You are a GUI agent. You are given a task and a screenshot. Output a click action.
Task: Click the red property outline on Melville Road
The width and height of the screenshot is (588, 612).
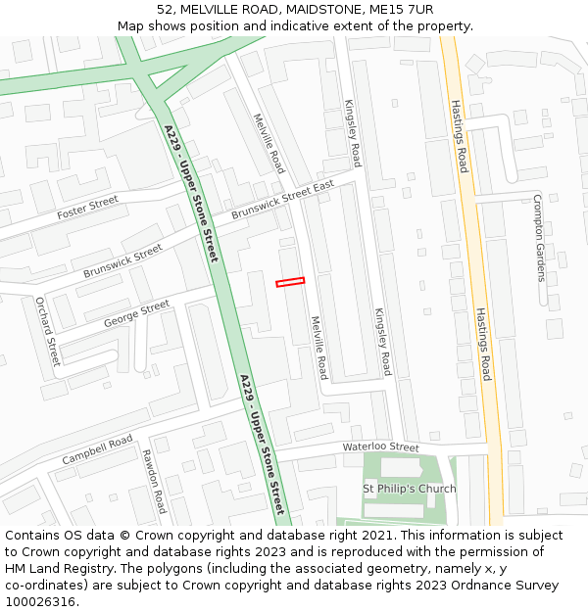pos(290,282)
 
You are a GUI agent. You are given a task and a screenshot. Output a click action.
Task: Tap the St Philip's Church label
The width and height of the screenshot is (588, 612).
pos(410,489)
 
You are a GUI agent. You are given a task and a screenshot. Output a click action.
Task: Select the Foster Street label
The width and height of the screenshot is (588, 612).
pos(87,208)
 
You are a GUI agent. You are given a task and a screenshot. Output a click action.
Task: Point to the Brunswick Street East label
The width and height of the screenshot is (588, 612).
pos(282,200)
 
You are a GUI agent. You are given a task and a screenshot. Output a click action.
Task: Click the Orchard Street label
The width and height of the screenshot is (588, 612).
pos(48,331)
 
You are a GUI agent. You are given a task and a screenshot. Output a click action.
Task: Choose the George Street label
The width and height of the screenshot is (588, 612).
pos(136,313)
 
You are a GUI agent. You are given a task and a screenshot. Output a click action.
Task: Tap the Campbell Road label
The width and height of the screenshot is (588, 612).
pos(97,450)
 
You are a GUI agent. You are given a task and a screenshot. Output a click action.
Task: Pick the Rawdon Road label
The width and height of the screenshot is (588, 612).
pos(154,482)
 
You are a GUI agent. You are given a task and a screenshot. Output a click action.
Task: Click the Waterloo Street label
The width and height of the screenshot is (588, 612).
pos(380,447)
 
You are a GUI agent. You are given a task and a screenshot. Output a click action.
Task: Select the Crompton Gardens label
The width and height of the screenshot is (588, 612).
pos(538,237)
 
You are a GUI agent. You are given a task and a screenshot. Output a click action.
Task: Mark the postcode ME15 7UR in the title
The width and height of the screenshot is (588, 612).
pos(397,10)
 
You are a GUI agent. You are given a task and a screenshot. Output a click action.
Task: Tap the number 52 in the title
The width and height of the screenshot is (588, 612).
pos(165,10)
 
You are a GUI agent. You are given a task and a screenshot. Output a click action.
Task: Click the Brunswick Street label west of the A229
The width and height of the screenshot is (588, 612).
pos(122,260)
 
